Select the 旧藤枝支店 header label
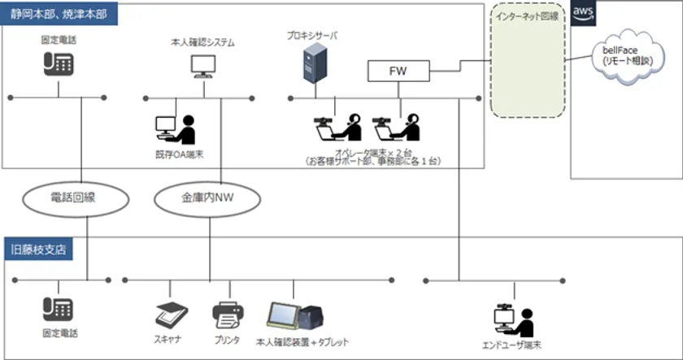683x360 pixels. (x=38, y=249)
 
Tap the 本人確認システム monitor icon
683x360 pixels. (x=200, y=65)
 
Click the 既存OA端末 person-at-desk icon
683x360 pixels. (x=176, y=130)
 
